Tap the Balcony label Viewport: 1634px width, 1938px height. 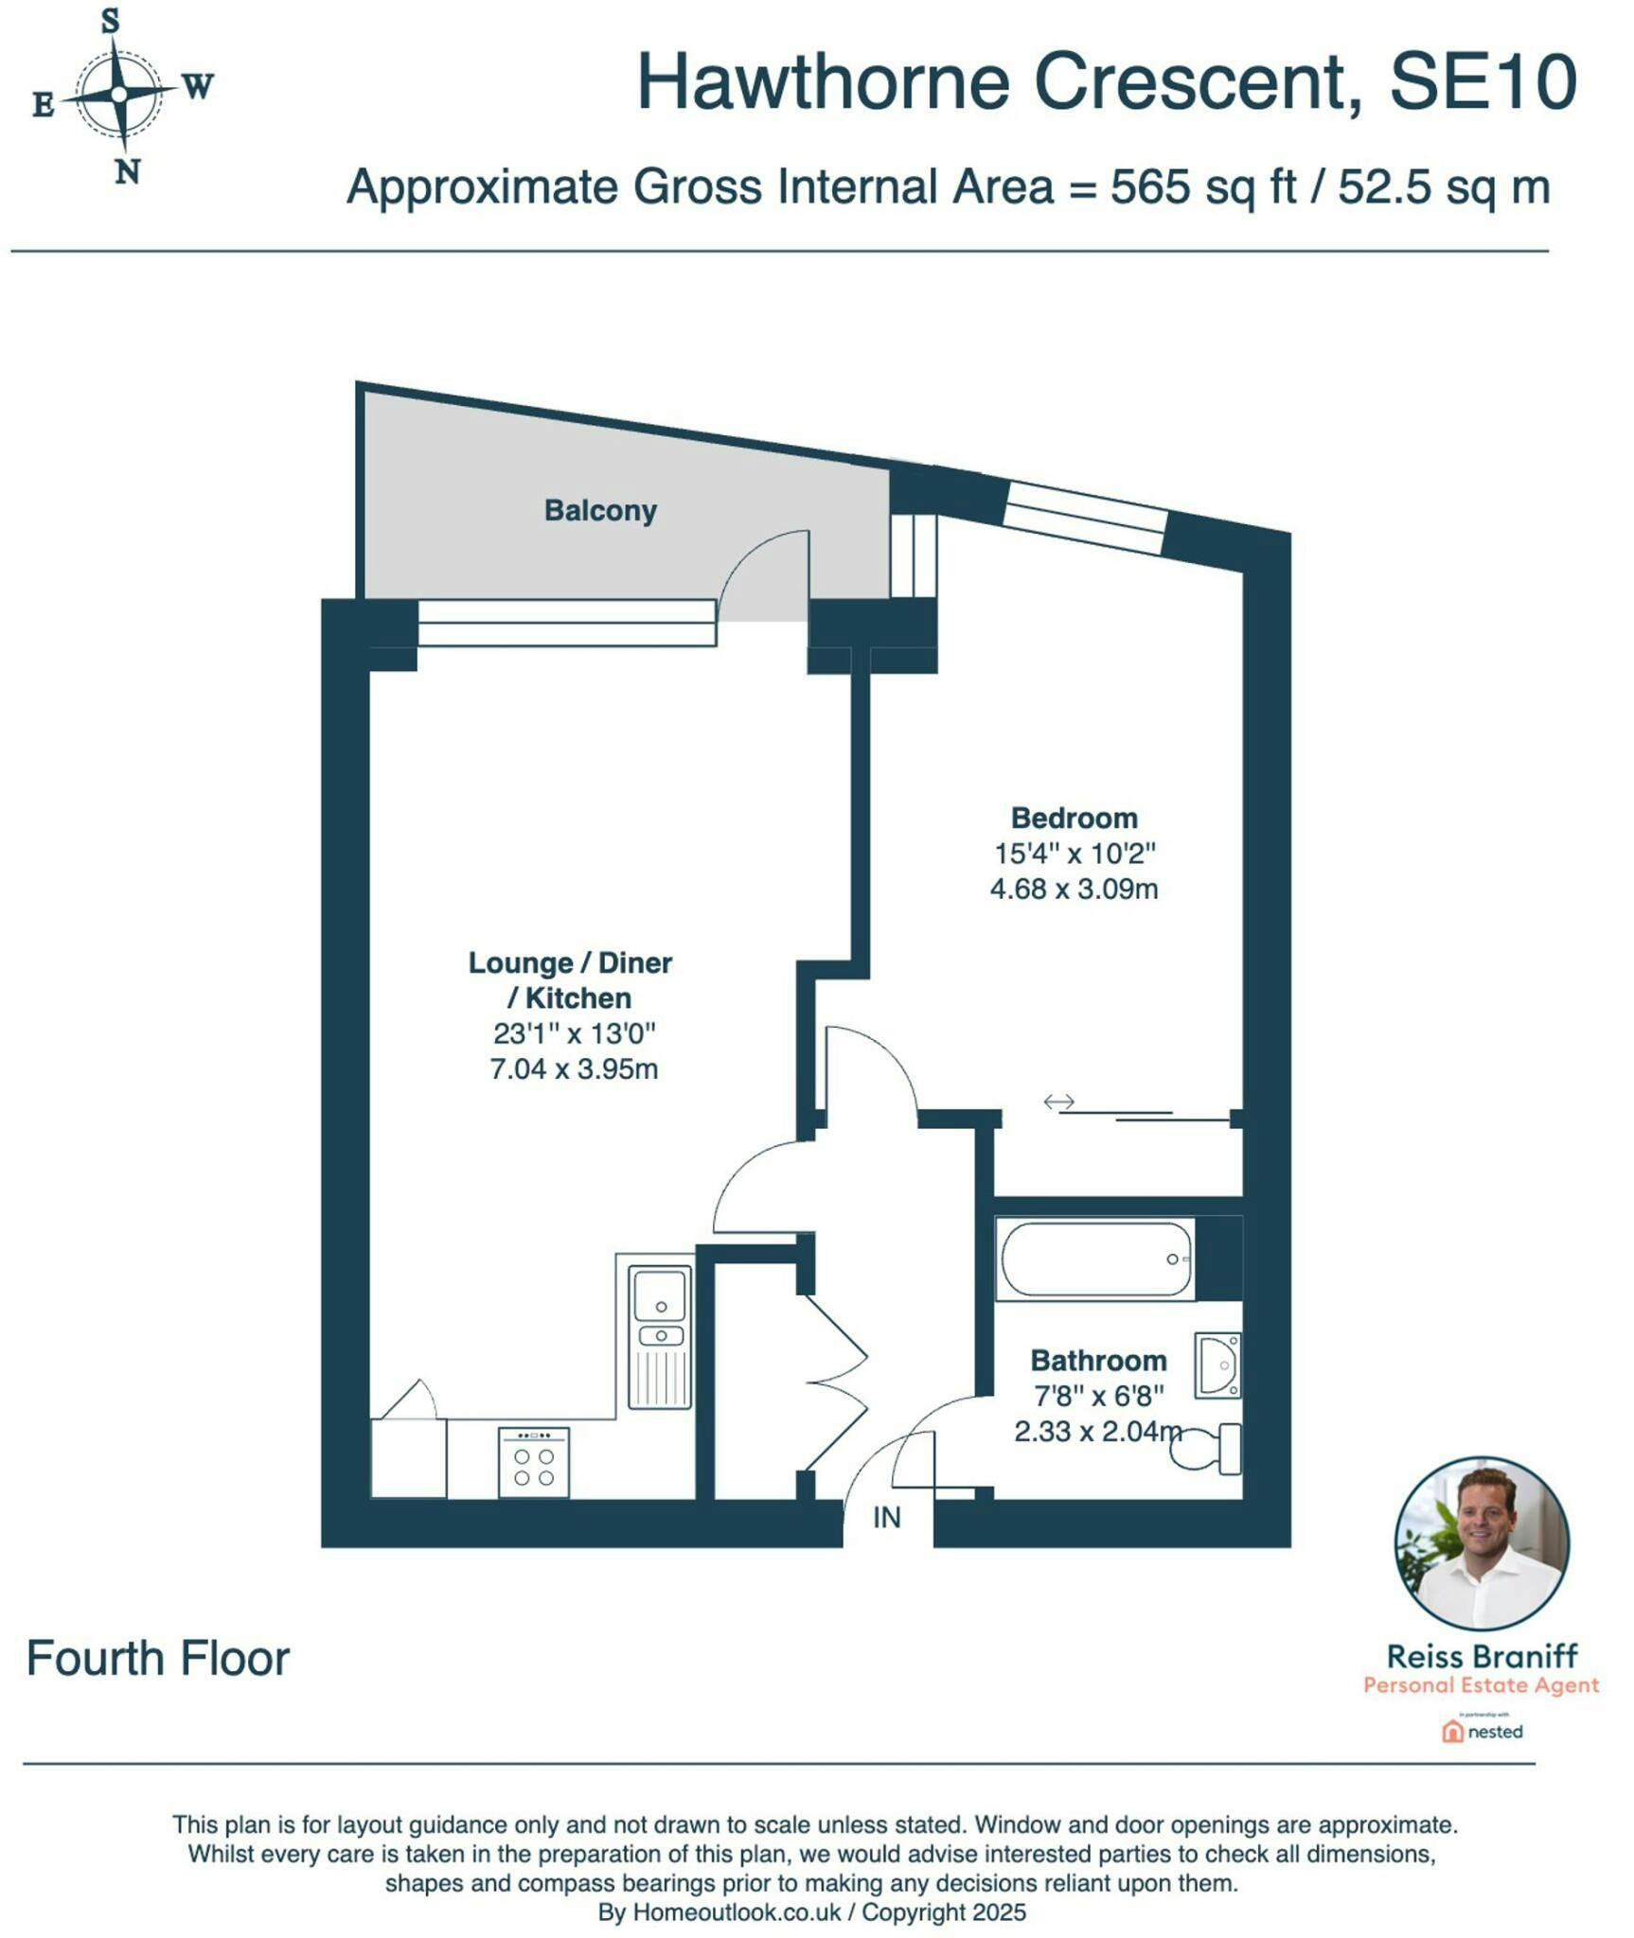point(600,511)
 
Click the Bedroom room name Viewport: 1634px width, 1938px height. point(1074,818)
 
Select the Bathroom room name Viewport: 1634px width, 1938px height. point(1098,1361)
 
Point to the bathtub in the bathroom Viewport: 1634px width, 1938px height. point(1096,1259)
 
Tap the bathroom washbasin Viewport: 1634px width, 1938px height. point(1217,1365)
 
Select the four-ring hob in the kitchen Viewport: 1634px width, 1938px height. point(534,1462)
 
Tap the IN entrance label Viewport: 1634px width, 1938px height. point(886,1518)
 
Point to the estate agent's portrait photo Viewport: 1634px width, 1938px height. point(1482,1542)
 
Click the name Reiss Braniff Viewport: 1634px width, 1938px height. point(1482,1657)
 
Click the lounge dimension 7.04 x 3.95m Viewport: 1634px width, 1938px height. point(574,1069)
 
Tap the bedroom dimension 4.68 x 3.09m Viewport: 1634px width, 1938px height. point(1074,889)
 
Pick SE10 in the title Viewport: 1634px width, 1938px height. point(1483,82)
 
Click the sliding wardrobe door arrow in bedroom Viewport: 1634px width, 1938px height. point(1059,1101)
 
